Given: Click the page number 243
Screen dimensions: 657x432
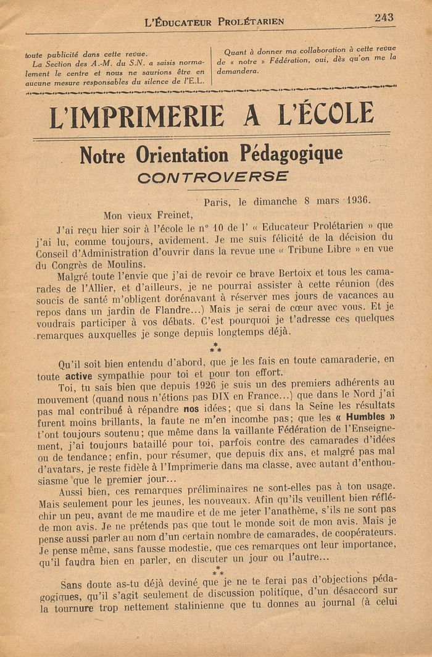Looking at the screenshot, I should click(383, 17).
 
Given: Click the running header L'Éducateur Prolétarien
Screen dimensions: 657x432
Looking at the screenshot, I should click(214, 22).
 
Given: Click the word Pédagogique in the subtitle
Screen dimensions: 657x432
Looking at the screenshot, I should click(290, 154).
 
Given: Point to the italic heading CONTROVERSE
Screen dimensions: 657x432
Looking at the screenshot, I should click(213, 177).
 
